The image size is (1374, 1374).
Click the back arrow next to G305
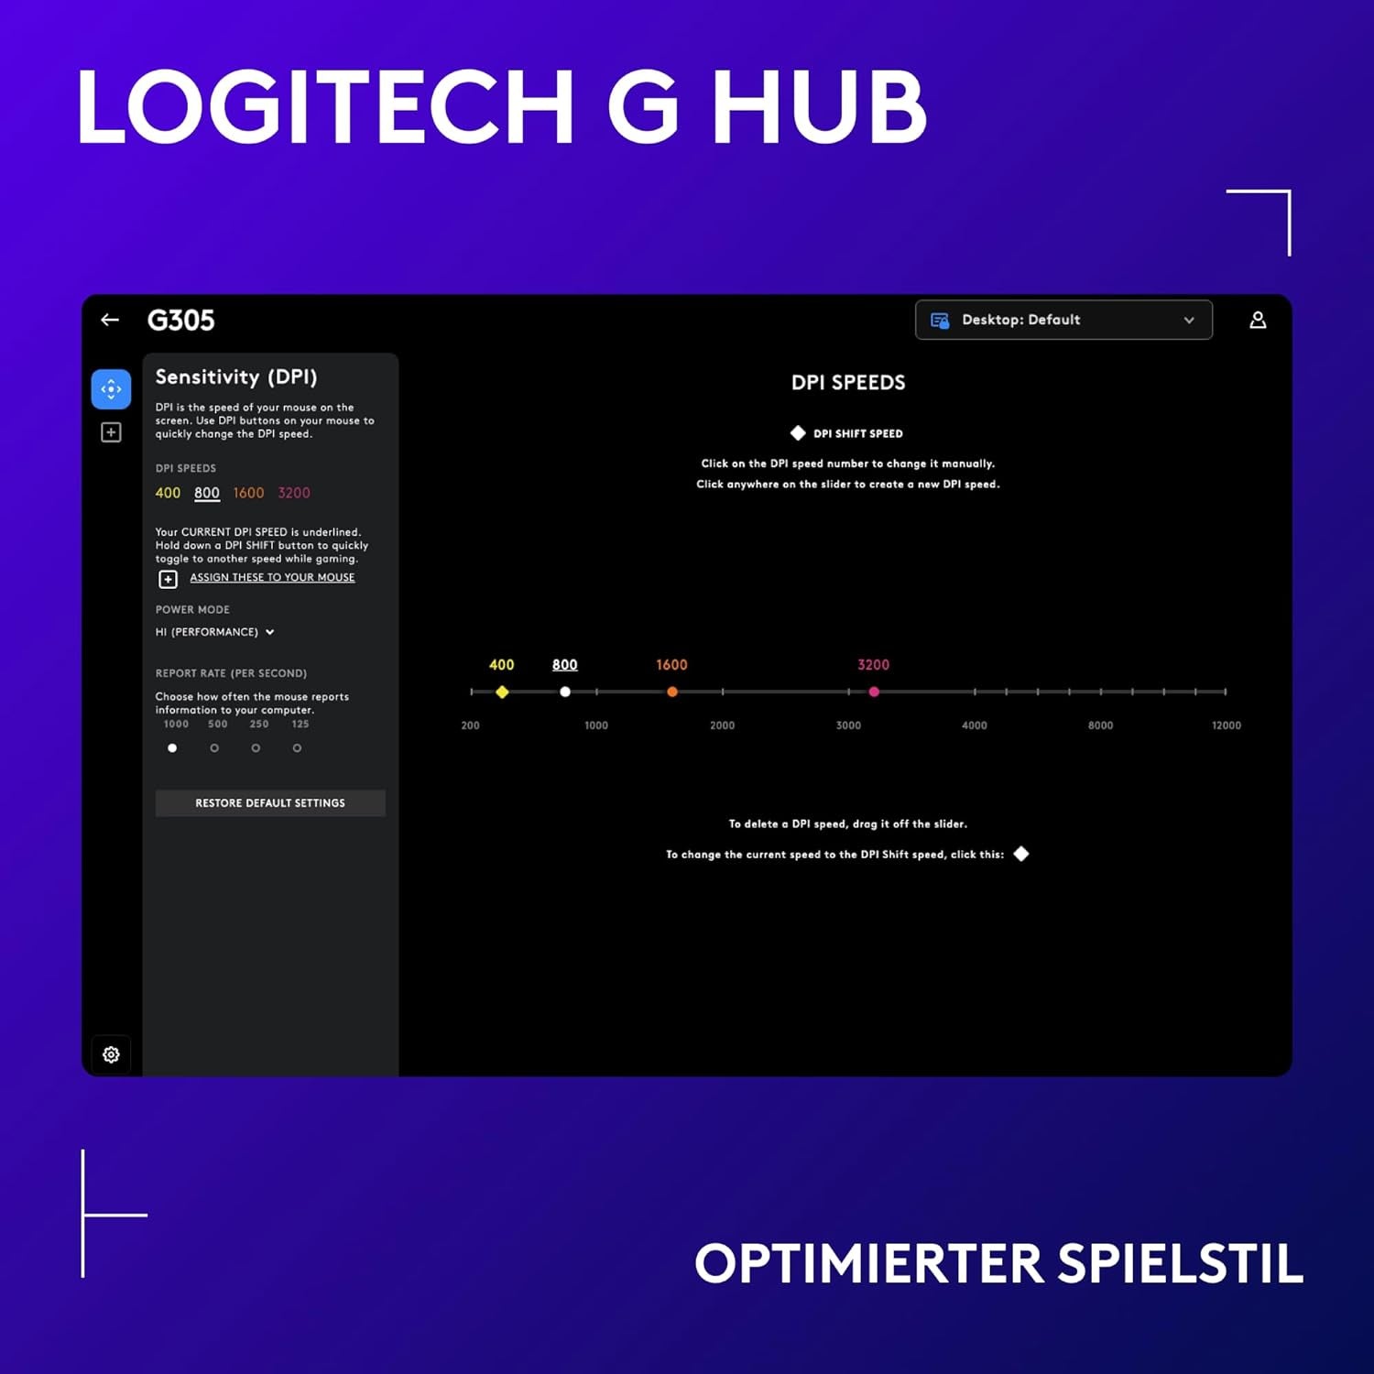pyautogui.click(x=110, y=320)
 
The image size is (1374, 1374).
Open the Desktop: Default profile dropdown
pyautogui.click(x=1063, y=320)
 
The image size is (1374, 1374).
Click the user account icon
pyautogui.click(x=1258, y=320)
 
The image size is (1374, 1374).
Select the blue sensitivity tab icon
pyautogui.click(x=111, y=389)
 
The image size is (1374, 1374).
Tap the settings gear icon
pyautogui.click(x=111, y=1054)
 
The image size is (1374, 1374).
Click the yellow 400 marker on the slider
pyautogui.click(x=502, y=692)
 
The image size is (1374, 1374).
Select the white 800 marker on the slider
pyautogui.click(x=565, y=692)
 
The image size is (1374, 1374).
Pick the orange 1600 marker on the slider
pyautogui.click(x=672, y=692)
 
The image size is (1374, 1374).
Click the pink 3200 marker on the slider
pyautogui.click(x=874, y=692)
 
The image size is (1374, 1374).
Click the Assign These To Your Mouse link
pyautogui.click(x=272, y=577)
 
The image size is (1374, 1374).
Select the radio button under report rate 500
pyautogui.click(x=214, y=748)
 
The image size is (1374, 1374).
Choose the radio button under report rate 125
pyautogui.click(x=297, y=748)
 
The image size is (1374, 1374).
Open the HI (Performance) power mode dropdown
pyautogui.click(x=215, y=632)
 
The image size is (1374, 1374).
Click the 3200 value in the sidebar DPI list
pyautogui.click(x=294, y=493)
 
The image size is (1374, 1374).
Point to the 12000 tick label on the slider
pyautogui.click(x=1226, y=725)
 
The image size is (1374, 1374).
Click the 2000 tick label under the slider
pyautogui.click(x=722, y=725)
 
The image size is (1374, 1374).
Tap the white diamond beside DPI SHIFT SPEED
pyautogui.click(x=798, y=433)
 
